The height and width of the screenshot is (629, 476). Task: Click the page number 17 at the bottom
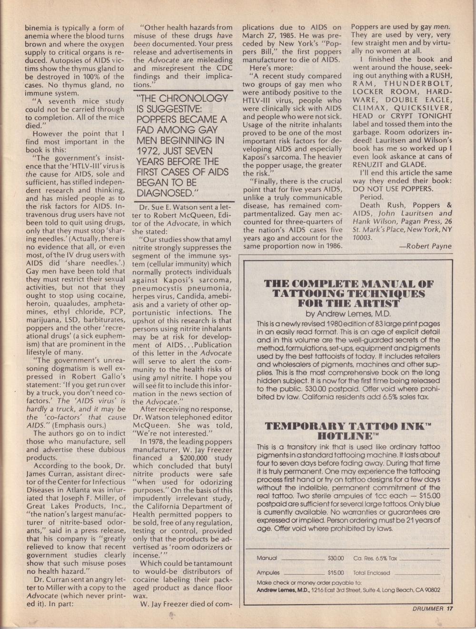(x=450, y=609)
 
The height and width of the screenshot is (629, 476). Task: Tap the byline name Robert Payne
(x=428, y=246)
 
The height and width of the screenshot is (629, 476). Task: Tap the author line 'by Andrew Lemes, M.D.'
(x=348, y=314)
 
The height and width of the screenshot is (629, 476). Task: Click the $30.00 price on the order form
(x=336, y=558)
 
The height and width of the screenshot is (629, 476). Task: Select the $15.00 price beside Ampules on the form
(x=336, y=573)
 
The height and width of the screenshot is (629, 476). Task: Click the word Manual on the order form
(x=267, y=558)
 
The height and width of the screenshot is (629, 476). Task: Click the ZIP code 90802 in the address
(x=430, y=590)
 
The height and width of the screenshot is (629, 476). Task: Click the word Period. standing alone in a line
(x=371, y=197)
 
